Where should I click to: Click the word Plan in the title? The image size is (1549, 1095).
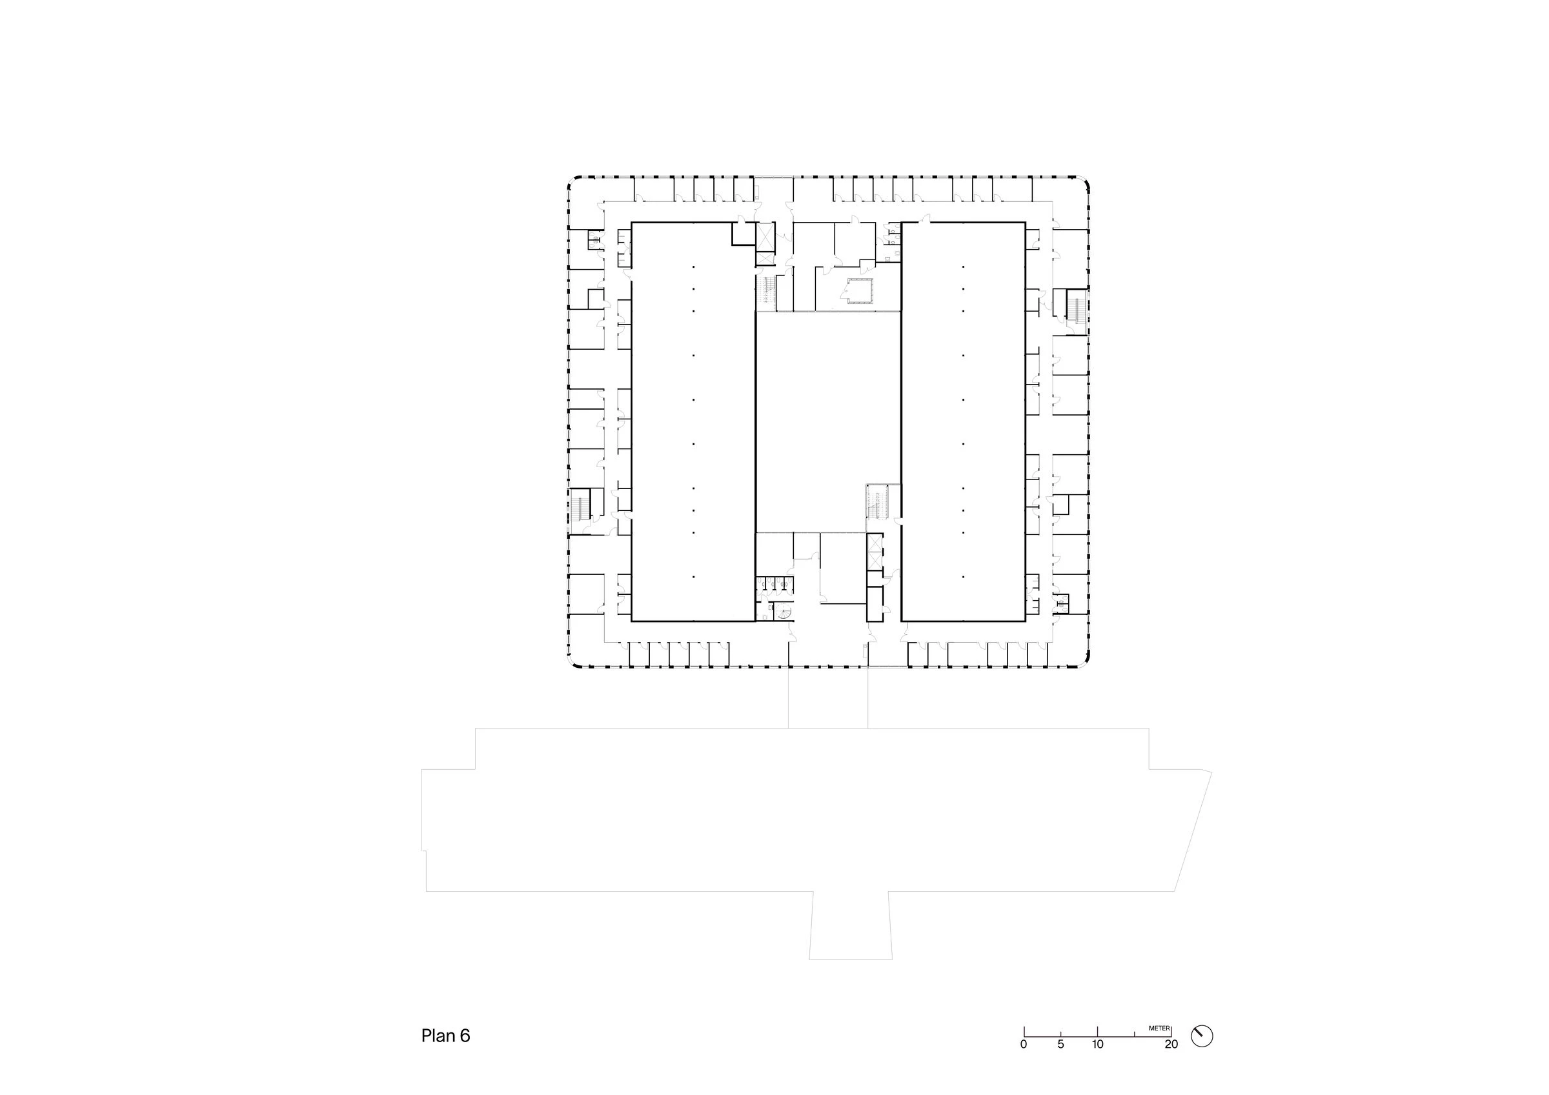point(438,1036)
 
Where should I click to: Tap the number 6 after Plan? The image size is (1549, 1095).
point(465,1036)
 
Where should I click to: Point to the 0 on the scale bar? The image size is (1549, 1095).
point(1024,1045)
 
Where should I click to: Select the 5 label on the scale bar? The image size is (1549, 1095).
point(1060,1045)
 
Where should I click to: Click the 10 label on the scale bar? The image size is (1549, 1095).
point(1098,1045)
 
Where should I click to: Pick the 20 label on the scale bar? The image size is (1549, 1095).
point(1171,1045)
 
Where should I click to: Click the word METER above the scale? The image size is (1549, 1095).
point(1159,1028)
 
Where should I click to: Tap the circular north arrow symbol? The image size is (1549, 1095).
point(1202,1036)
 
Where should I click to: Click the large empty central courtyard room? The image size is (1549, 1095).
point(828,421)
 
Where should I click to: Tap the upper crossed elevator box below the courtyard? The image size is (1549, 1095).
point(875,544)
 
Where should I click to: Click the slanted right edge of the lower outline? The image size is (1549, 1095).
point(1193,831)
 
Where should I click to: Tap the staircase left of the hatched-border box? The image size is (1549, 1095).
point(766,293)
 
